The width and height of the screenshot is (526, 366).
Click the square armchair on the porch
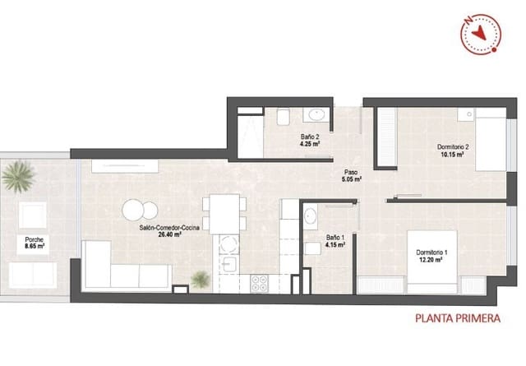(33, 215)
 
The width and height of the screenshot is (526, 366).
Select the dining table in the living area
(224, 213)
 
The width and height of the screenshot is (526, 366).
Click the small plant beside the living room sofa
(200, 280)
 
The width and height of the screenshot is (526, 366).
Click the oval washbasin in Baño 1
(311, 216)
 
